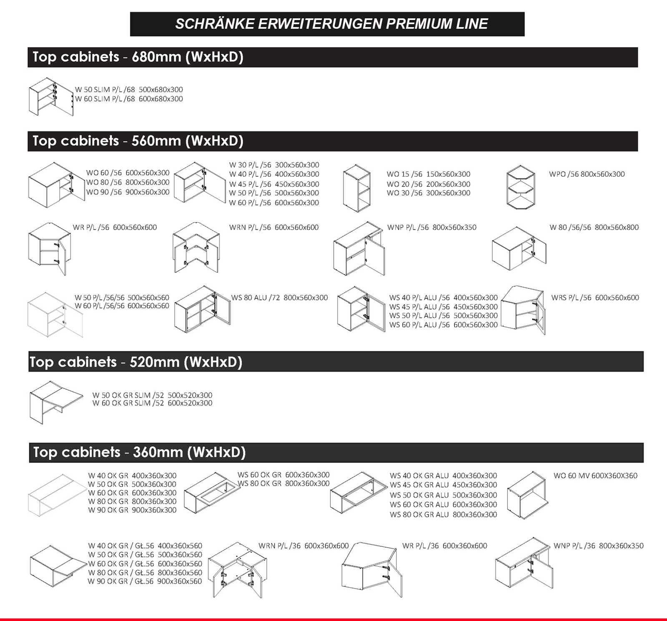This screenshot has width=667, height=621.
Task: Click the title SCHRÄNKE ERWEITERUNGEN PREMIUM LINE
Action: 331,24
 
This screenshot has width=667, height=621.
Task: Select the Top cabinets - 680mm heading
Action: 138,57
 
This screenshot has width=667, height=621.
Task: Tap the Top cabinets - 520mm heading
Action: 135,362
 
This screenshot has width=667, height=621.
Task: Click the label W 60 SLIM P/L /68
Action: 129,99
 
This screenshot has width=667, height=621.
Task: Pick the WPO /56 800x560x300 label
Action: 587,174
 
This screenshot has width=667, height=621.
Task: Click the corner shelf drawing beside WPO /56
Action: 520,188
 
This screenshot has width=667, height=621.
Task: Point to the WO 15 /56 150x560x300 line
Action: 428,174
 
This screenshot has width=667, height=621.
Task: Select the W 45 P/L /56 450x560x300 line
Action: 274,184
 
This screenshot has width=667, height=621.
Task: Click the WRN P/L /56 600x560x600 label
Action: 273,227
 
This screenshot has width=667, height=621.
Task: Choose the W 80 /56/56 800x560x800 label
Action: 594,227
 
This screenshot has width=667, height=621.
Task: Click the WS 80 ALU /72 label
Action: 279,298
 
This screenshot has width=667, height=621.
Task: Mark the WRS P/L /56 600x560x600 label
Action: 595,298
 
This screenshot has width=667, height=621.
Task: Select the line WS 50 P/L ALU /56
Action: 443,316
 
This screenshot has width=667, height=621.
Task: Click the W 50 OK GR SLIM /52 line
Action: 152,395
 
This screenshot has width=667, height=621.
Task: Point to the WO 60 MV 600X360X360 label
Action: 595,476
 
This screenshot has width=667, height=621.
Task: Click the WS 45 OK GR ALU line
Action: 443,485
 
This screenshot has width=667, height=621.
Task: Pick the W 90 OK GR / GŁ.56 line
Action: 145,581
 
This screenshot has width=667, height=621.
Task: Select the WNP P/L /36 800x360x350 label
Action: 598,546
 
